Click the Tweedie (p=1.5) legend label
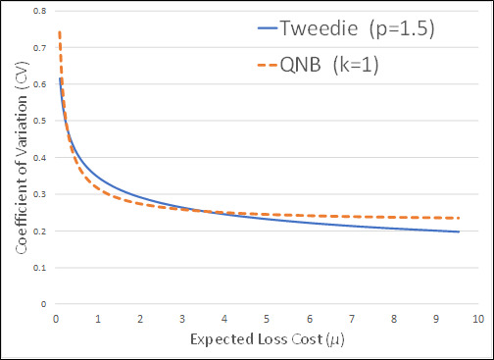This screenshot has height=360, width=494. tap(358, 28)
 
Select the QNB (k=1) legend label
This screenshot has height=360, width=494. tap(329, 65)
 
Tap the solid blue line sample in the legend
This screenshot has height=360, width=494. tap(268, 28)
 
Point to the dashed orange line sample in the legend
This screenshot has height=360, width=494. tap(268, 65)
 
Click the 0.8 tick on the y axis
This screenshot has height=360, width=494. tap(40, 11)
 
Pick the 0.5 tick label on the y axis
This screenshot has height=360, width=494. tap(40, 121)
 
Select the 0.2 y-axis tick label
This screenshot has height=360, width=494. tap(40, 231)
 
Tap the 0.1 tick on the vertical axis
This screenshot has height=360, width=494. tap(40, 268)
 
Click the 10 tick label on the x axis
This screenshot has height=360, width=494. tap(478, 319)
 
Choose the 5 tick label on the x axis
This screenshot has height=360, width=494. tap(267, 319)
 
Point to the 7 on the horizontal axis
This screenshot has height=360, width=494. tap(352, 319)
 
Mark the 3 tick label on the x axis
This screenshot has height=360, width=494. tap(182, 319)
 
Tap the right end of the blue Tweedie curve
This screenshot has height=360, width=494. tap(459, 231)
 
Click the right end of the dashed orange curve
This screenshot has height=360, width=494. tap(459, 218)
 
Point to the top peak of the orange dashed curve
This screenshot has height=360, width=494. tap(60, 31)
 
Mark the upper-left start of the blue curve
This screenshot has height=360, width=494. tap(60, 78)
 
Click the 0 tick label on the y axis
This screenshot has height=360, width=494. tap(43, 304)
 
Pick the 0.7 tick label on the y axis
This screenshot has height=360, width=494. tap(40, 48)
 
